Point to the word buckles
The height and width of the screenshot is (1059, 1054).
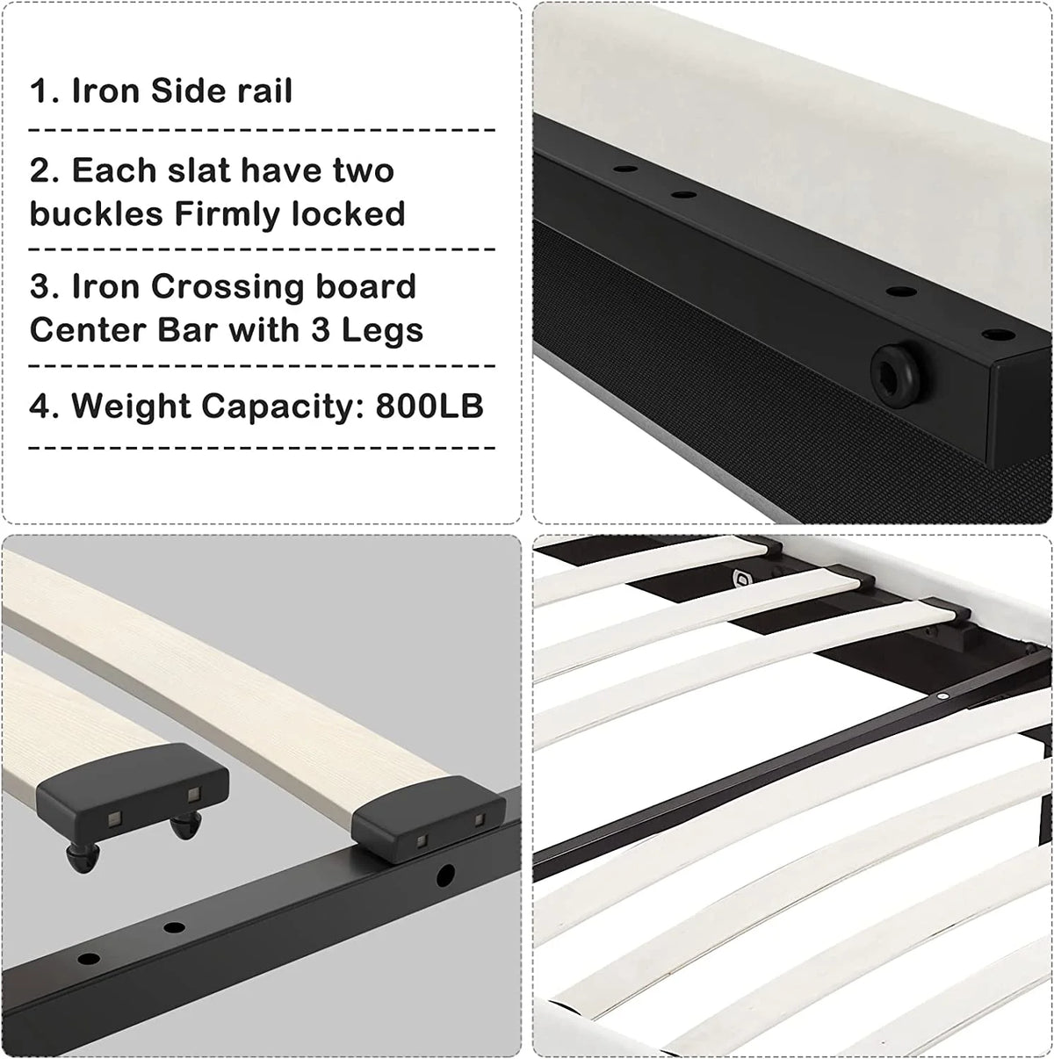click(x=97, y=213)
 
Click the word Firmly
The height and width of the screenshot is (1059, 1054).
click(x=228, y=214)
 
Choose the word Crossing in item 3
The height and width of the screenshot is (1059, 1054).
click(x=227, y=287)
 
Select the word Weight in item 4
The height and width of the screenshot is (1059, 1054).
click(x=132, y=407)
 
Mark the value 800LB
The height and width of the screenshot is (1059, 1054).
click(x=430, y=406)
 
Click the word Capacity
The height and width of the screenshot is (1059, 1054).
click(x=283, y=407)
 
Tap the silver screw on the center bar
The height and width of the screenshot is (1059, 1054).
click(x=942, y=695)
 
